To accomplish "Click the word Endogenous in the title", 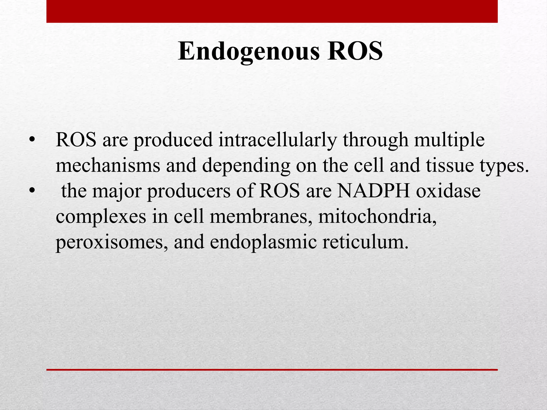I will (248, 52).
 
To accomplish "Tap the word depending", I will (246, 166).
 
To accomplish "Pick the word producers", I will (189, 191).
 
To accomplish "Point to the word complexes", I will (101, 217).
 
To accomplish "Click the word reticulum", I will (365, 242).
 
